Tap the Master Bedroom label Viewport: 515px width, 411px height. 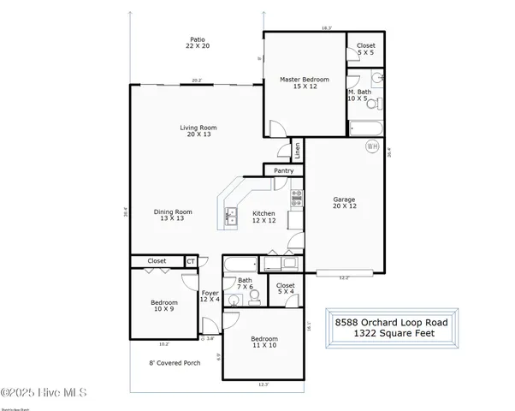[x=305, y=84]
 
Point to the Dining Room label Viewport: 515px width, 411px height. [x=173, y=215]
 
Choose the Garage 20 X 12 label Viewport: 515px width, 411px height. [x=344, y=204]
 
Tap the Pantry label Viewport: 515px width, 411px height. [x=284, y=171]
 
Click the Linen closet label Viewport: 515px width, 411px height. [x=297, y=151]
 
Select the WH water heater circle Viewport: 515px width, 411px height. [x=372, y=146]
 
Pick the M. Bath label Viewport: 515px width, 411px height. [x=358, y=95]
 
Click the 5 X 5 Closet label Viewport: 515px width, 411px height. [x=365, y=50]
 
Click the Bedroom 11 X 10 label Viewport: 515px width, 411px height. [x=265, y=343]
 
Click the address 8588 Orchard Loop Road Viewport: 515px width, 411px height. [x=390, y=322]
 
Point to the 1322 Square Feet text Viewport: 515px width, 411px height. [x=390, y=334]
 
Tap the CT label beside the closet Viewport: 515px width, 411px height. [x=191, y=261]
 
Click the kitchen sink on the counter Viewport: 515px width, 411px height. [x=231, y=217]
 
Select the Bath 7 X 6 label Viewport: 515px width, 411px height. [x=245, y=283]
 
